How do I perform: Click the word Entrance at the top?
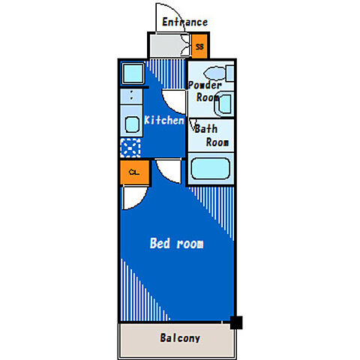click(x=184, y=22)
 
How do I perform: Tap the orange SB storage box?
click(x=199, y=46)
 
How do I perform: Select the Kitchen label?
click(x=164, y=120)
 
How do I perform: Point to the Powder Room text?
click(x=205, y=91)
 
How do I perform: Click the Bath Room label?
click(x=211, y=136)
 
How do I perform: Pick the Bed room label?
click(x=176, y=243)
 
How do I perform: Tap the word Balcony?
click(x=180, y=338)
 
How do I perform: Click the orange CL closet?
click(x=134, y=172)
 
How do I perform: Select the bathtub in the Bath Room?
click(x=211, y=169)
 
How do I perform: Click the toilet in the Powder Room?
click(x=219, y=73)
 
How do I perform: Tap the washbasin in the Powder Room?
click(x=224, y=104)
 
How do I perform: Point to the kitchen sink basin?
click(x=132, y=124)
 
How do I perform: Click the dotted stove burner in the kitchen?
click(x=130, y=148)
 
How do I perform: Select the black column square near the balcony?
click(x=236, y=322)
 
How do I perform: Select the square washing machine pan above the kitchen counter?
click(x=133, y=73)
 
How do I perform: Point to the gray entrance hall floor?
click(x=167, y=46)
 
